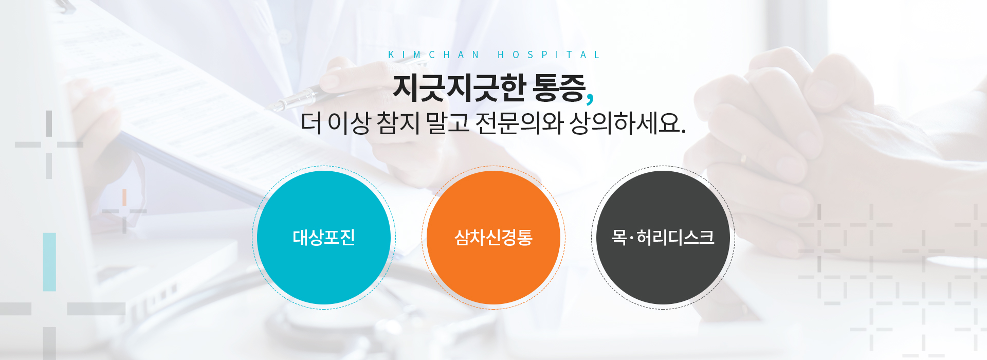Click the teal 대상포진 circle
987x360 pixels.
pos(324,238)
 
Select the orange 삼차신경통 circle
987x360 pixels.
pos(493,238)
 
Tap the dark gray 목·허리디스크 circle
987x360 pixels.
pos(663,238)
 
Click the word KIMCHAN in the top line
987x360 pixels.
pos(434,55)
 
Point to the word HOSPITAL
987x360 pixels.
pos(549,55)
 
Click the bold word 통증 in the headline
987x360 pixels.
pos(559,87)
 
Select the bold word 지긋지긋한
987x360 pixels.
pos(459,87)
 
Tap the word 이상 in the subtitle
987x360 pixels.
pos(349,123)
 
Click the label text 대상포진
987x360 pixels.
pos(324,238)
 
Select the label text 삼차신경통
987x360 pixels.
pos(493,238)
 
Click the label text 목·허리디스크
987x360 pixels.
pos(663,238)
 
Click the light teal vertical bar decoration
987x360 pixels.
pos(49,262)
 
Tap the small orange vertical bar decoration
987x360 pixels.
pos(124,198)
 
